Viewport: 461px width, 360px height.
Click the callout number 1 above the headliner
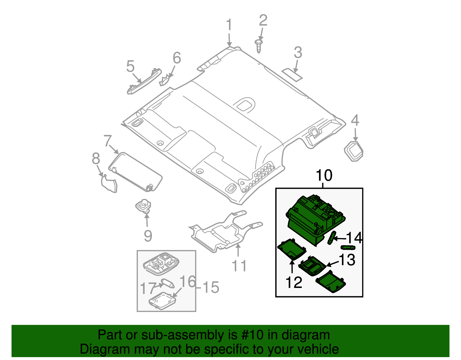(x=229, y=25)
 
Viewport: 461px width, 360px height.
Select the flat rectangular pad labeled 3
(x=292, y=74)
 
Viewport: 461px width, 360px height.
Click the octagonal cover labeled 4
(x=354, y=151)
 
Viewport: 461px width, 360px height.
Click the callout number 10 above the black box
(x=324, y=175)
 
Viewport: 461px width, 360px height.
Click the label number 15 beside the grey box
(x=211, y=287)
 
